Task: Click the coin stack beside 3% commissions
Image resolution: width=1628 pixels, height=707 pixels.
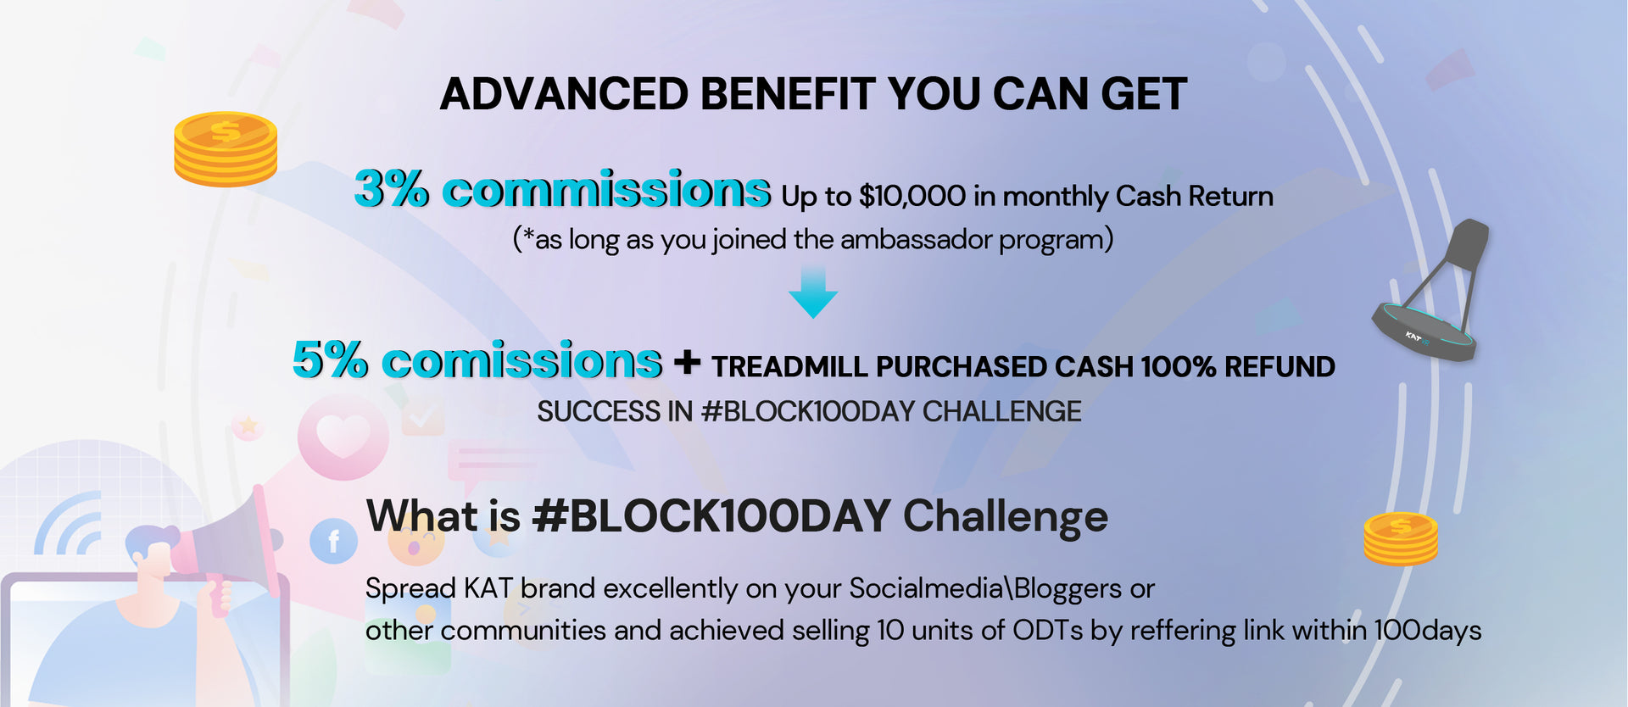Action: (226, 149)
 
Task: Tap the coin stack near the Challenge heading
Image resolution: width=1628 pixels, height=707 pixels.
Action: (1401, 538)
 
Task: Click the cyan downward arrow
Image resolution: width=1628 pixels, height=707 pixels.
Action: (813, 291)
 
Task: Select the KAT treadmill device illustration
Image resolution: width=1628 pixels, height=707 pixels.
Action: (1431, 290)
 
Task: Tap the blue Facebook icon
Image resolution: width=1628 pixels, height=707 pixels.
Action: (333, 541)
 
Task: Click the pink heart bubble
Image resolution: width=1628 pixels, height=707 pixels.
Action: (343, 437)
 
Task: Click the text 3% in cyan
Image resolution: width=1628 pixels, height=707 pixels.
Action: (392, 188)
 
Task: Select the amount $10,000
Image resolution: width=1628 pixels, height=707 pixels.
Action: (912, 197)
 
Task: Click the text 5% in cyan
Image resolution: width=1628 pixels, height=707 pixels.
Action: (331, 359)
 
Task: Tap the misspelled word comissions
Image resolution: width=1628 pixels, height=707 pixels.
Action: (521, 360)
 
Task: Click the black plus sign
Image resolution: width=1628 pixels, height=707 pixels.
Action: (687, 363)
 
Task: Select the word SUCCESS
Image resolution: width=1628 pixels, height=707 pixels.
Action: (599, 412)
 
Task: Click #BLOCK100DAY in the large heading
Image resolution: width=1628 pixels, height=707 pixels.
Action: (711, 515)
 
